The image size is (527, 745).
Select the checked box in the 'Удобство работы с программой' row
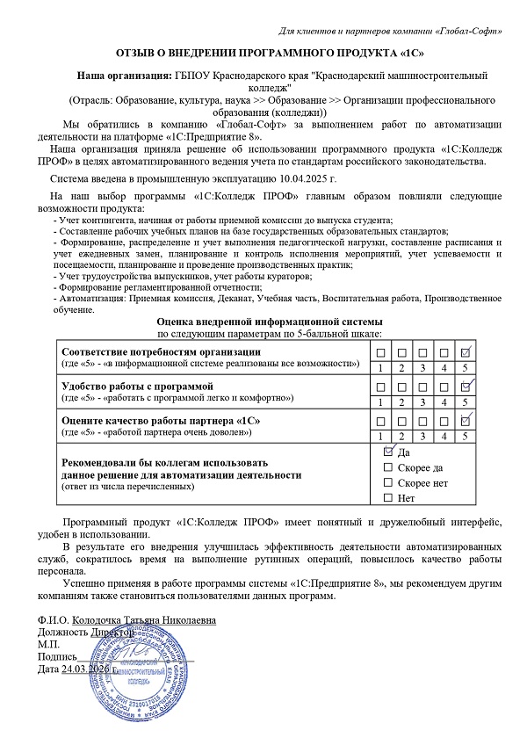click(x=467, y=386)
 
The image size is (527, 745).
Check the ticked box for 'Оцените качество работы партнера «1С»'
click(x=467, y=419)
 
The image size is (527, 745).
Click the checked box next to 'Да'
click(x=389, y=452)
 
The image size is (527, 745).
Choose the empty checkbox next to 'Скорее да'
click(x=389, y=467)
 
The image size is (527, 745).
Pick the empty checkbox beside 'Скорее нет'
click(x=389, y=483)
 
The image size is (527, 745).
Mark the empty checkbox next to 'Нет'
click(x=389, y=499)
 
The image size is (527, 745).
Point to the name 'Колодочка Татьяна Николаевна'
click(x=144, y=619)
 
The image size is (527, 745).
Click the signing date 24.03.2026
click(x=88, y=670)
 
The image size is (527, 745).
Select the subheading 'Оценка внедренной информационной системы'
click(x=263, y=322)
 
